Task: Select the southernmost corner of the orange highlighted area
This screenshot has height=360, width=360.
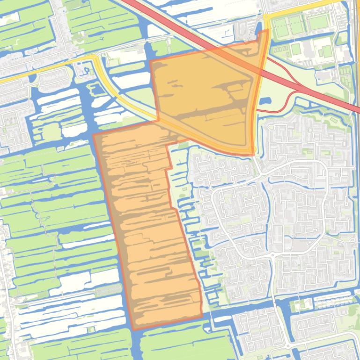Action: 134,329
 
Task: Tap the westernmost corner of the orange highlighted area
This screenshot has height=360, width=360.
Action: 94,135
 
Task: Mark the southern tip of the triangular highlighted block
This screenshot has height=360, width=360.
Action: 252,154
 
